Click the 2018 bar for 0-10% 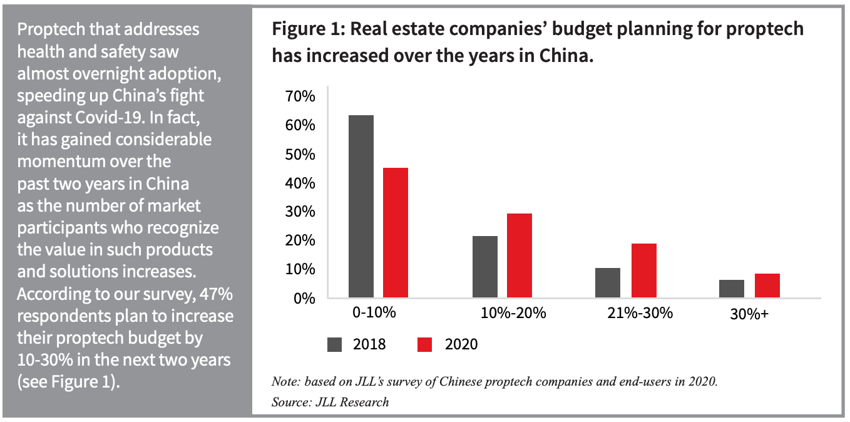point(361,207)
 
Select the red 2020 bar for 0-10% point(396,233)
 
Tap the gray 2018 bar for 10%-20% point(485,267)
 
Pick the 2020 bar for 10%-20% point(520,255)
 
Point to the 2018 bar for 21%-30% point(608,282)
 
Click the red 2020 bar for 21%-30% point(643,270)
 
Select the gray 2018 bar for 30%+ point(732,289)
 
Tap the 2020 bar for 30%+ point(767,286)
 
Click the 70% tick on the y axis point(301,96)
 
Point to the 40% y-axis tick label point(301,183)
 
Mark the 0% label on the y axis point(304,298)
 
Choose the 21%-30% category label point(640,313)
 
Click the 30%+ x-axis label point(749,315)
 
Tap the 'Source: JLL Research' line point(330,402)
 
